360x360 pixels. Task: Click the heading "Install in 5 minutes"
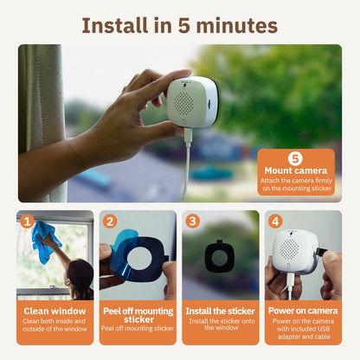(x=179, y=23)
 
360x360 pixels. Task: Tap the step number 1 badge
(x=27, y=221)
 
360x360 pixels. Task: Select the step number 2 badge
(x=110, y=221)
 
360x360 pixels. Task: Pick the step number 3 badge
(x=192, y=221)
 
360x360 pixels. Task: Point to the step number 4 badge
(x=275, y=221)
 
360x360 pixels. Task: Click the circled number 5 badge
(x=294, y=158)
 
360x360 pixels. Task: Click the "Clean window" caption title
(x=55, y=310)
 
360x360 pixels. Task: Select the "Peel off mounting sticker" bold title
(x=138, y=314)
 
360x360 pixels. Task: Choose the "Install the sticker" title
(x=220, y=310)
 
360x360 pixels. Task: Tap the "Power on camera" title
(x=303, y=310)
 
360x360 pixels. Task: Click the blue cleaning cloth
(x=43, y=240)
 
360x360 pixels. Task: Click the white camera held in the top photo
(x=191, y=102)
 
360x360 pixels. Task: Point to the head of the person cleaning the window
(x=79, y=274)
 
